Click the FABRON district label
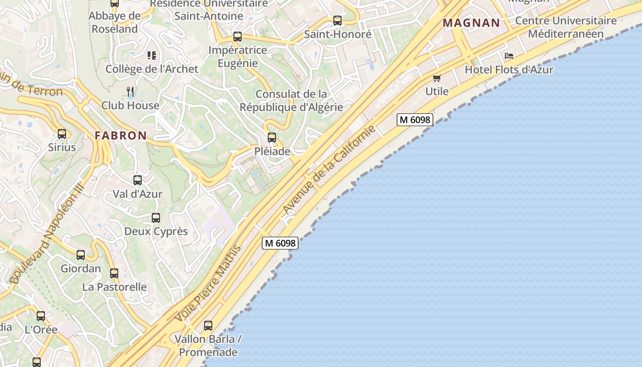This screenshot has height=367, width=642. (x=121, y=136)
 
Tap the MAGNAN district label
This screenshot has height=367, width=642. (x=471, y=23)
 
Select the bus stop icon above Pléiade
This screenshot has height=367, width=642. (x=272, y=138)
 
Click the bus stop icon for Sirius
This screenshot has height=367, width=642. (x=62, y=134)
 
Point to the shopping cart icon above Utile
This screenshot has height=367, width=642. (x=437, y=78)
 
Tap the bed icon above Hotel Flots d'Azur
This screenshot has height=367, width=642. (x=509, y=56)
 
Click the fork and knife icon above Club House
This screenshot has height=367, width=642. (x=130, y=92)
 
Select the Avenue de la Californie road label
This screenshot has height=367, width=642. (x=329, y=169)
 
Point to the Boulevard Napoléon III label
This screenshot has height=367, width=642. (x=47, y=234)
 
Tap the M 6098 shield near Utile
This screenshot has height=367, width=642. (x=415, y=120)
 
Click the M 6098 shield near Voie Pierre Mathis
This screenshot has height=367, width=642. (x=280, y=243)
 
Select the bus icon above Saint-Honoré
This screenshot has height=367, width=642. (x=338, y=21)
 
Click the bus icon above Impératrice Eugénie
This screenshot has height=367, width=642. (x=238, y=37)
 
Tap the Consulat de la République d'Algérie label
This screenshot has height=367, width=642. (x=291, y=100)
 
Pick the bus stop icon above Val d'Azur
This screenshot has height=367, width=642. (x=138, y=180)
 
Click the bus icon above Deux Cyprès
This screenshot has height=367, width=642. (x=156, y=218)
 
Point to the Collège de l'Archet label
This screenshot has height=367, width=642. (x=152, y=69)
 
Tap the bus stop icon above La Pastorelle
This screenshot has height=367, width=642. (x=114, y=273)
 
